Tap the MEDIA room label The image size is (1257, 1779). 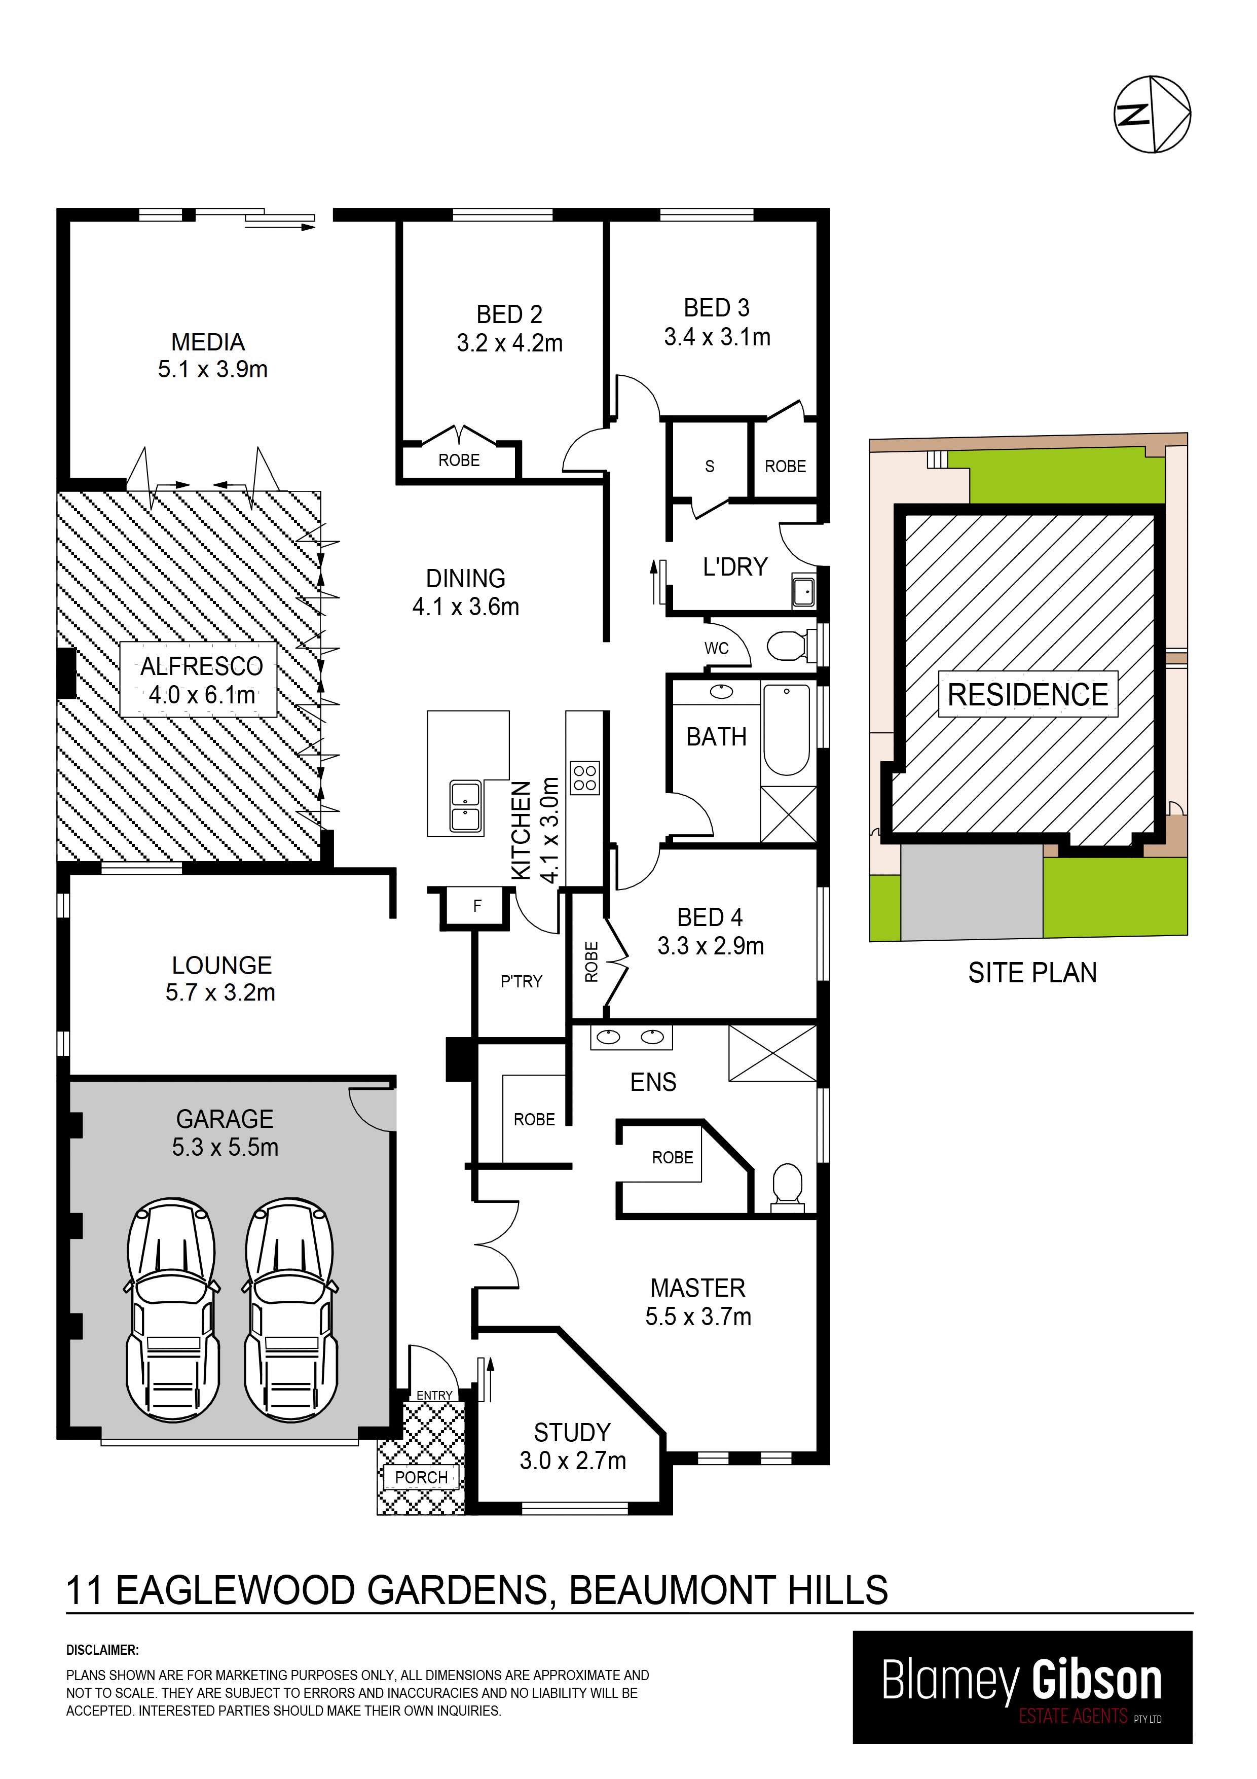click(208, 342)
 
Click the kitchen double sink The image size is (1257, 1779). click(465, 807)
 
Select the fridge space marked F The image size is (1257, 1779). click(477, 905)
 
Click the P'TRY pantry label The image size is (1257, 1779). click(521, 982)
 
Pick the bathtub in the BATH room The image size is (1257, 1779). click(787, 729)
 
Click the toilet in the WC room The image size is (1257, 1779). click(790, 645)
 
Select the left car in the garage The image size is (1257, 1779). click(172, 1309)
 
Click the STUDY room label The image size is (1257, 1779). click(572, 1432)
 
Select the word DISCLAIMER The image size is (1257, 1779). click(102, 1650)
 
